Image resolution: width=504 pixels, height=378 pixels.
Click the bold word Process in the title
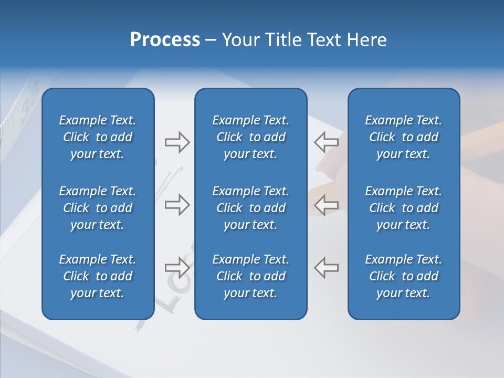point(165,40)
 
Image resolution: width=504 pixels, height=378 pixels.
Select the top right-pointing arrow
point(177,142)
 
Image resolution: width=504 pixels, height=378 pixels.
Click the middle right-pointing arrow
point(177,205)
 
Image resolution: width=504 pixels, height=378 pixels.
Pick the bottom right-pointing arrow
point(177,268)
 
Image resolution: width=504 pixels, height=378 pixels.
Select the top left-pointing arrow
point(327,142)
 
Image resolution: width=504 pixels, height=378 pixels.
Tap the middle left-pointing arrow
point(327,205)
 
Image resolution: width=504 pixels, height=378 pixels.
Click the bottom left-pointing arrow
point(327,268)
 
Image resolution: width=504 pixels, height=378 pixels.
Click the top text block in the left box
point(98,137)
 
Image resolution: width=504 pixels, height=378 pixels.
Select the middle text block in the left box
point(98,208)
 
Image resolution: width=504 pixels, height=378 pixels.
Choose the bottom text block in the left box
point(98,276)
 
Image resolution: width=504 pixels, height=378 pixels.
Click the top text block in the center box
point(250,137)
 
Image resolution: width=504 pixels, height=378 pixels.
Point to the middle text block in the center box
point(250,208)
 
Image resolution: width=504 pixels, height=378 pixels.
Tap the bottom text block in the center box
point(250,276)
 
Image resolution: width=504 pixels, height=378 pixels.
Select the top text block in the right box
point(403,137)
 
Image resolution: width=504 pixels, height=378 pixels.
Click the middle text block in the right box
point(403,208)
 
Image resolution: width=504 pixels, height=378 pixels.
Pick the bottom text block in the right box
point(403,276)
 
